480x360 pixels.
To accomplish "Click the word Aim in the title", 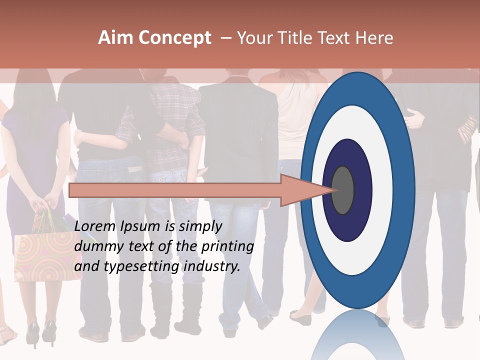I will point(116,38).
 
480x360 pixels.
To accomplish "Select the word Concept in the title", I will point(175,38).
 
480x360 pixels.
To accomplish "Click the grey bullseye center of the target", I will point(342,190).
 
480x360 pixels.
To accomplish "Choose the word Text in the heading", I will point(335,38).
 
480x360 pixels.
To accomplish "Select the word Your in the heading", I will point(253,38).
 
